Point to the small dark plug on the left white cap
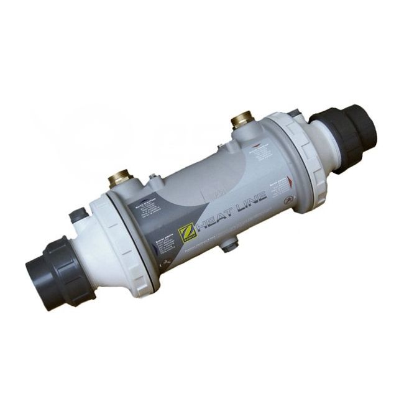point(77,215)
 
